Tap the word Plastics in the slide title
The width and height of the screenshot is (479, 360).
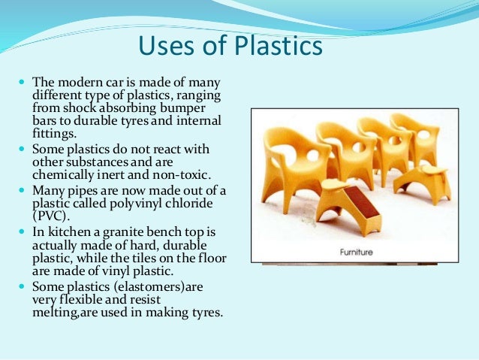[x=275, y=46]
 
